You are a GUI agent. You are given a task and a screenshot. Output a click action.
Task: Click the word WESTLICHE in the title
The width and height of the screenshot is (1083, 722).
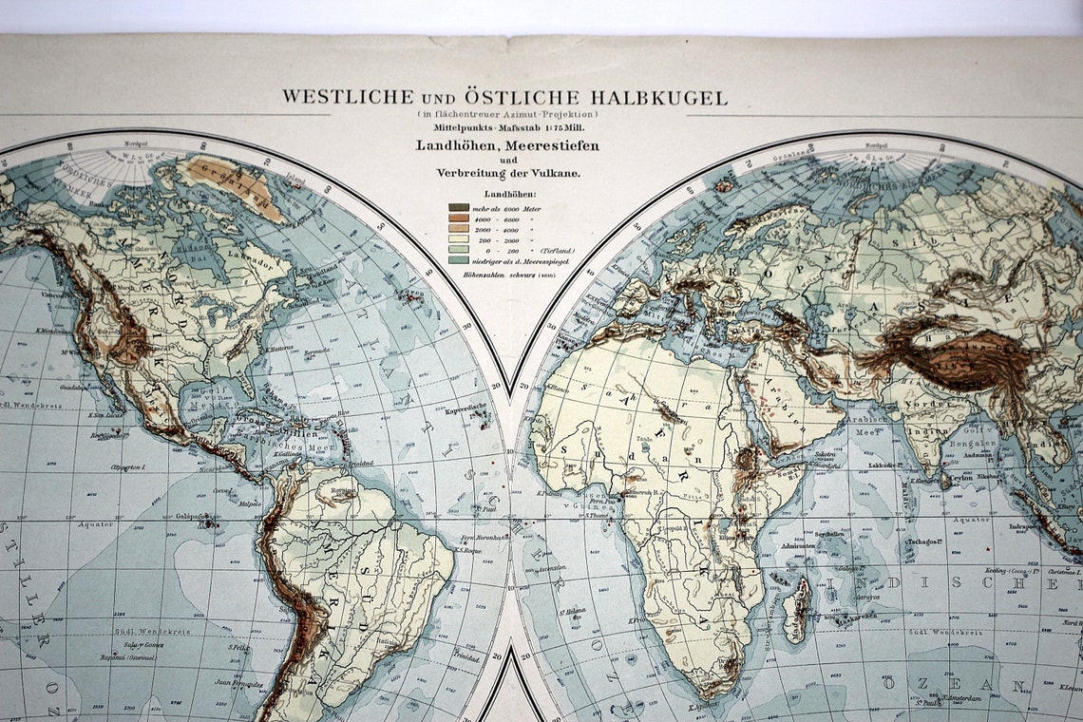(x=334, y=98)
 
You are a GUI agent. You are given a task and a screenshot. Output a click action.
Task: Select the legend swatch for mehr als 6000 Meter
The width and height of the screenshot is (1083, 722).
(x=459, y=207)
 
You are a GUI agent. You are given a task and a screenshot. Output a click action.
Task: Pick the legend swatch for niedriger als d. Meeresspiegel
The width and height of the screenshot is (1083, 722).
(x=459, y=257)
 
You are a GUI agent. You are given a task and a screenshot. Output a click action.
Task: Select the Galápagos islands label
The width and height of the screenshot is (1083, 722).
(x=193, y=517)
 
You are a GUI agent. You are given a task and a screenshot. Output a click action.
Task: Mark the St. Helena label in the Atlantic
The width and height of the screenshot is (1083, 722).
(x=571, y=612)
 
